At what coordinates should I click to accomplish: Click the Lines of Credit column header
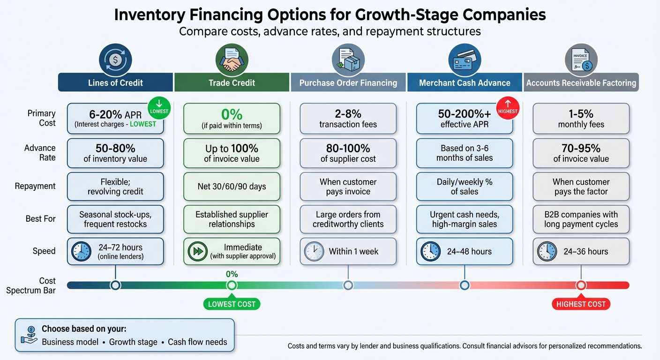(x=115, y=82)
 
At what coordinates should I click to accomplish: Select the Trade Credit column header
(x=232, y=82)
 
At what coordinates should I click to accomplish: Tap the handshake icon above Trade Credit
(x=232, y=60)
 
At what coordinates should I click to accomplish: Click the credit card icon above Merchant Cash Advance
(x=464, y=60)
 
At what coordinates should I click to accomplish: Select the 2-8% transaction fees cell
(x=348, y=119)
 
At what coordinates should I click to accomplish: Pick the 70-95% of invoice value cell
(x=581, y=153)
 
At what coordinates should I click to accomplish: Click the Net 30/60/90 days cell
(x=232, y=186)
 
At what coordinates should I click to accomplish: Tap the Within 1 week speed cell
(x=348, y=251)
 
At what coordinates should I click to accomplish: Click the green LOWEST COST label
(x=232, y=304)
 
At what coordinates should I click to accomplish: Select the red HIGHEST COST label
(x=581, y=304)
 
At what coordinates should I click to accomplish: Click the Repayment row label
(x=35, y=186)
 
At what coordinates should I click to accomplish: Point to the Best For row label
(x=40, y=218)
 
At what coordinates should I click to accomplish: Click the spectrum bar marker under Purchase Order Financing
(x=348, y=285)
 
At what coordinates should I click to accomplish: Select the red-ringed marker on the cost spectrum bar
(x=581, y=285)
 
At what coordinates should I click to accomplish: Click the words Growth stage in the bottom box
(x=133, y=342)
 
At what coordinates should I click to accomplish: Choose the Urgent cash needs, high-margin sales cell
(x=464, y=219)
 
